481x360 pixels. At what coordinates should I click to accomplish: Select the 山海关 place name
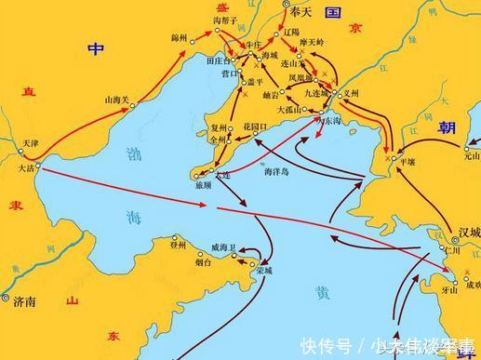coord(116,99)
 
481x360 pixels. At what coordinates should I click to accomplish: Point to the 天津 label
coord(32,144)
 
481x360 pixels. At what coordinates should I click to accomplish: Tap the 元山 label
coord(471,156)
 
